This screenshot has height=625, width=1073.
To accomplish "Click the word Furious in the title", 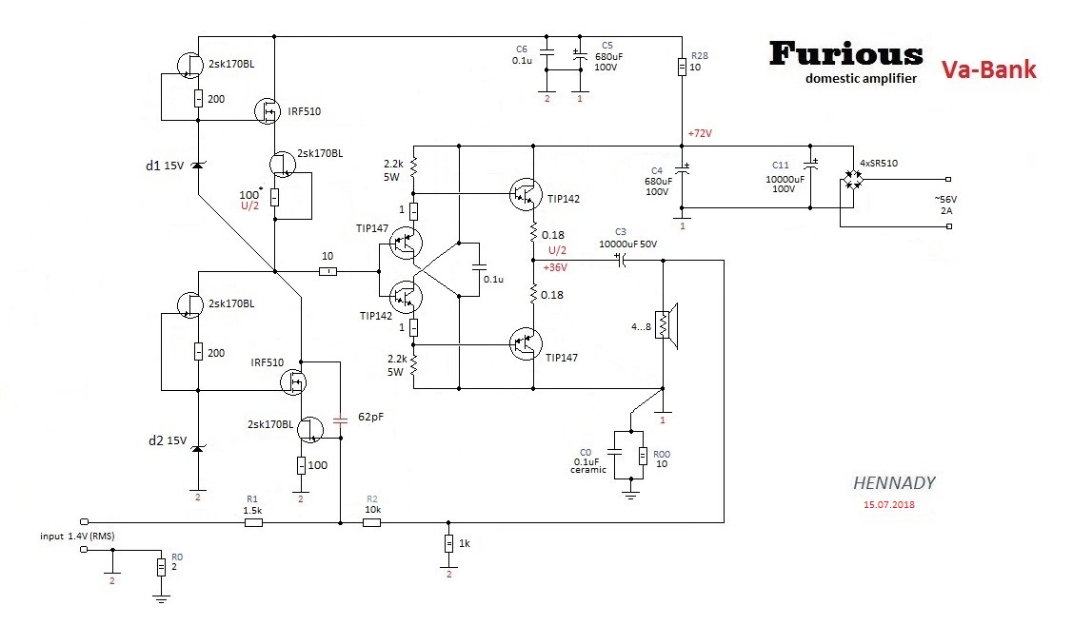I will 845,53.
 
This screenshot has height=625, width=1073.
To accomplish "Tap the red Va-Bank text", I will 988,69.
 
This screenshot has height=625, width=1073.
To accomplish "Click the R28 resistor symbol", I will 683,67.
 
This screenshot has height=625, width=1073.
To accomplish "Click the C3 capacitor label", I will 621,231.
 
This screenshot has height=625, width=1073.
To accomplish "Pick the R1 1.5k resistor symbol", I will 253,522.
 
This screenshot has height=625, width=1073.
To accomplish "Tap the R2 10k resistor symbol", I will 372,522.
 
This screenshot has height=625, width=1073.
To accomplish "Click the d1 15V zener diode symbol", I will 197,166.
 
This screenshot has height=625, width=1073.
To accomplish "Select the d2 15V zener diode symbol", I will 197,448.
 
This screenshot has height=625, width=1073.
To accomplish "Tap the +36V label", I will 555,267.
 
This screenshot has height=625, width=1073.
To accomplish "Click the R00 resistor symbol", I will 643,457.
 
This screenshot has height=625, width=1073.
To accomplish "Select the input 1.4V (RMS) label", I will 77,537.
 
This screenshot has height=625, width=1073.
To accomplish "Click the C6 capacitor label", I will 521,49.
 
